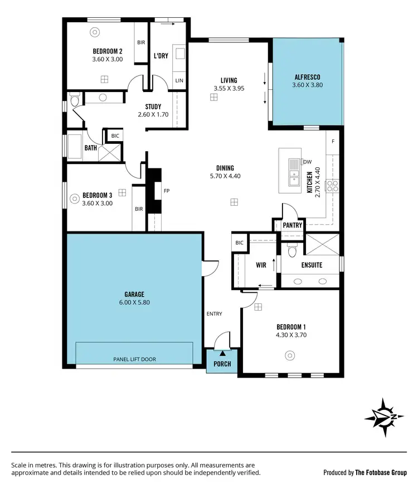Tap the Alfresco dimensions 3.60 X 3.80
pos(308,85)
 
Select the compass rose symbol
pos(383,417)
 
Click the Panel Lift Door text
pos(134,359)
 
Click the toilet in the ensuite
pos(291,252)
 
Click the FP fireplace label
pos(166,191)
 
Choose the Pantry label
pos(293,225)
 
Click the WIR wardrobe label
pos(261,265)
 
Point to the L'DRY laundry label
pos(161,55)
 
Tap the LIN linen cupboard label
pos(179,81)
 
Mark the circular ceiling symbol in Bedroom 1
pos(289,355)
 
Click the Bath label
pos(91,148)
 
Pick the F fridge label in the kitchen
pos(333,141)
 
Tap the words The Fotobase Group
pos(382,472)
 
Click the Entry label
pos(215,313)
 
